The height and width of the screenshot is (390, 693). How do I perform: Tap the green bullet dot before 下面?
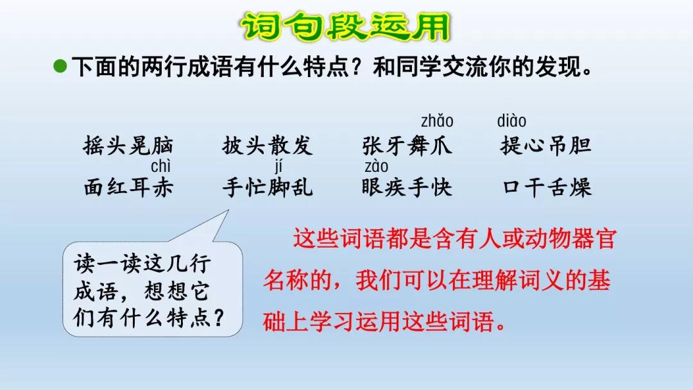coord(60,67)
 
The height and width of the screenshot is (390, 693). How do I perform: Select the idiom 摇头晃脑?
coord(128,146)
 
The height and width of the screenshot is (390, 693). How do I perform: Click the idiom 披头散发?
coord(268,146)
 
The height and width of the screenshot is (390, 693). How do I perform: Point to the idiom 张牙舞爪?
coord(407,146)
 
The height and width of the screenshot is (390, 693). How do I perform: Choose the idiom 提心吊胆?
coord(546,146)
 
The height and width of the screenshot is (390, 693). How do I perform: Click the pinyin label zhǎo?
coord(437,121)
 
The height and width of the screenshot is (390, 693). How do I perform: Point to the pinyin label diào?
coord(511,121)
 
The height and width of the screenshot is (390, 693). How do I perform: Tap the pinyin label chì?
coord(160,166)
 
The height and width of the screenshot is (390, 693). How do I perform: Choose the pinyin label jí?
coord(278,167)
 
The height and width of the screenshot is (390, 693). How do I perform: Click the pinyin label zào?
coord(376,167)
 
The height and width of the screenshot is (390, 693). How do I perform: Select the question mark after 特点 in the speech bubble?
coord(218,317)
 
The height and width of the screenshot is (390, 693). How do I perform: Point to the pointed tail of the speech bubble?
coord(228,210)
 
